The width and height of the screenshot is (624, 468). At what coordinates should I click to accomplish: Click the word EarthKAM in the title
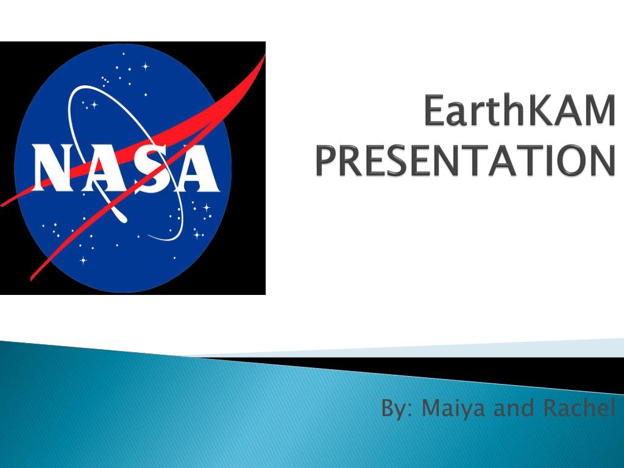(520, 110)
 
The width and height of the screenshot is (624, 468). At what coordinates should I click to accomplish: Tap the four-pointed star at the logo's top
(146, 66)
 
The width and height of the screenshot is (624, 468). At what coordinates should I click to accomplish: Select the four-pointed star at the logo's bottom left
(83, 261)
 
